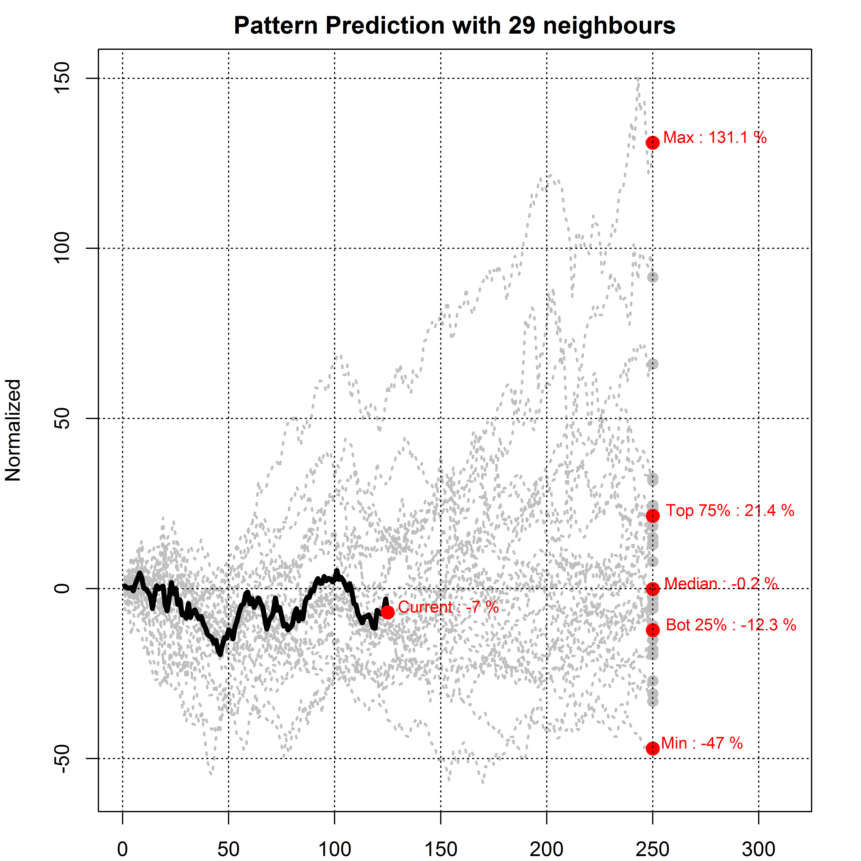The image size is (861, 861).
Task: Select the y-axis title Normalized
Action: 13,430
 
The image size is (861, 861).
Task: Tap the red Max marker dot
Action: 653,143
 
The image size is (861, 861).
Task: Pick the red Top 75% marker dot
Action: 653,516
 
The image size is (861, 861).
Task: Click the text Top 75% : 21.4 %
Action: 730,511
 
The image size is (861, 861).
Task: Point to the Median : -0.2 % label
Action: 721,583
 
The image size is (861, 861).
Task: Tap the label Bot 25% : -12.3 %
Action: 731,625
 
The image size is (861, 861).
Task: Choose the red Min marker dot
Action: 653,748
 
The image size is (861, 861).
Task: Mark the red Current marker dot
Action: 387,612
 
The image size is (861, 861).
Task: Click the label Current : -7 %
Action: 448,607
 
